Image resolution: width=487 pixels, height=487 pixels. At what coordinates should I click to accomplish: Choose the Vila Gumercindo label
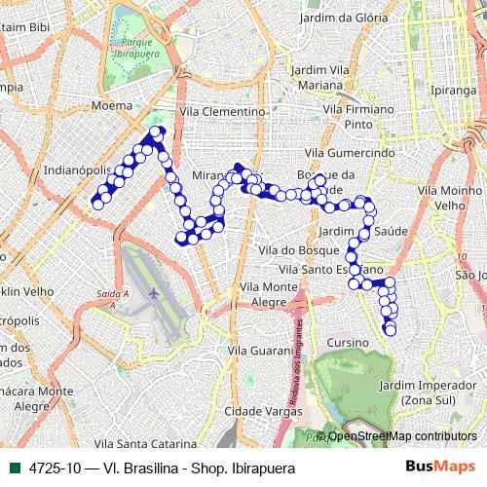tap(349, 154)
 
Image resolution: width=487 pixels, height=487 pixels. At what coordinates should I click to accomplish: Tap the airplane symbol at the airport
tap(154, 292)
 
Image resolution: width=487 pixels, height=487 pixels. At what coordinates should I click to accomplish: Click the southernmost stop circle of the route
tap(391, 330)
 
